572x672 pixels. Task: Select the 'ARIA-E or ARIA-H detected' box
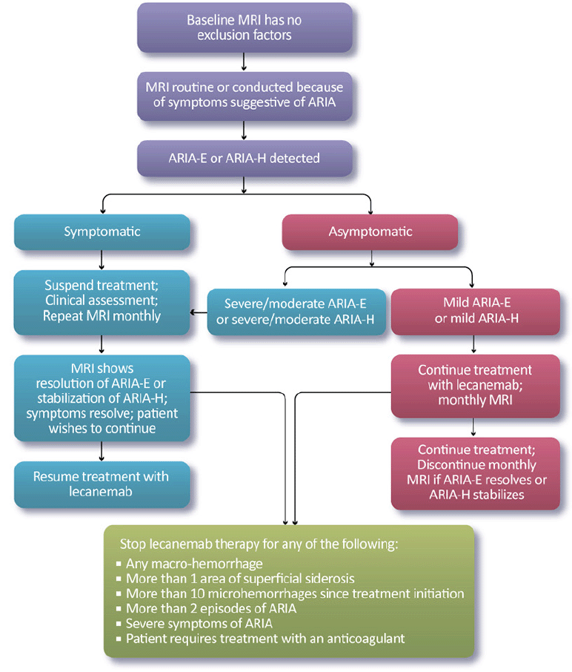pos(244,159)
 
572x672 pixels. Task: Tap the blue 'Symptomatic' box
pos(102,231)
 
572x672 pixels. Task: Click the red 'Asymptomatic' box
pos(370,231)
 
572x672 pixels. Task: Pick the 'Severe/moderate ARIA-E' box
pos(296,312)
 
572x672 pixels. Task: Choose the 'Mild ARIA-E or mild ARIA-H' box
pos(474,312)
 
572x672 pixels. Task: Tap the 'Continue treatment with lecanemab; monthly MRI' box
pos(474,386)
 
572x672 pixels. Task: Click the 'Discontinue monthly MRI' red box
pos(474,472)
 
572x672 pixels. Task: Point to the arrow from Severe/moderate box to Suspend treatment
pos(198,312)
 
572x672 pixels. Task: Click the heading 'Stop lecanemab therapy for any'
pos(259,543)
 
